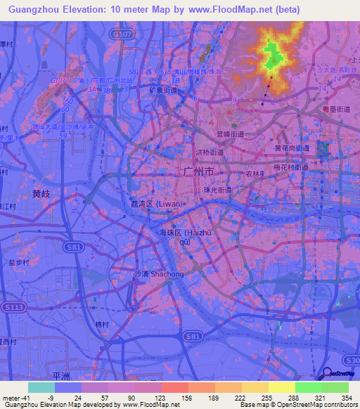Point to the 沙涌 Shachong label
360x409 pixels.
tap(159, 274)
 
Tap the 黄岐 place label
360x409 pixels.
tap(41, 193)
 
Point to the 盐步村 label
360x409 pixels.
tap(20, 261)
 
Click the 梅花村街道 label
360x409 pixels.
tap(289, 167)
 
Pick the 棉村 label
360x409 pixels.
tap(103, 325)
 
